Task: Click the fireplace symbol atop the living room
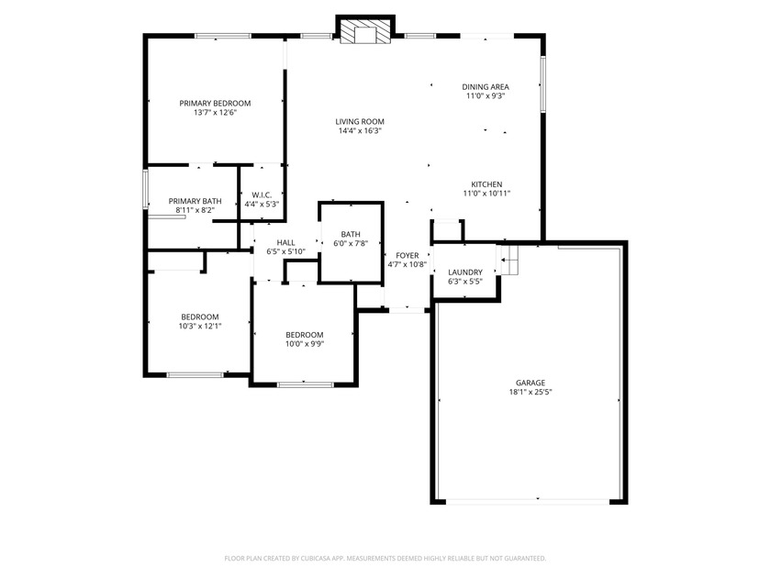click(x=365, y=32)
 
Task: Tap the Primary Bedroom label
click(x=215, y=103)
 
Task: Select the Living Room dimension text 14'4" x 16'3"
click(x=360, y=130)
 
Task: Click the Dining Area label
click(x=486, y=87)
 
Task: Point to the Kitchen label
click(x=486, y=184)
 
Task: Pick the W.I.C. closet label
click(x=262, y=195)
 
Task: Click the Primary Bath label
click(x=195, y=201)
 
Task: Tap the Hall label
click(x=285, y=242)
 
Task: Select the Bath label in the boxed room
click(x=351, y=234)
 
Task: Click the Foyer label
click(x=408, y=255)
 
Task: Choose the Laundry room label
click(x=465, y=272)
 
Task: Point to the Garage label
click(x=531, y=383)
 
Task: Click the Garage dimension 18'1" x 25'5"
click(x=531, y=393)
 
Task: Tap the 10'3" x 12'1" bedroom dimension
click(x=200, y=326)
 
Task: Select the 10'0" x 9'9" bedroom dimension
click(x=305, y=344)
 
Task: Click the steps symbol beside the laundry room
click(x=509, y=260)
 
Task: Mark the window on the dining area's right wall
click(x=543, y=84)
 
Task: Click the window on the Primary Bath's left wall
click(x=146, y=189)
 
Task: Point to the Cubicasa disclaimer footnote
click(x=385, y=559)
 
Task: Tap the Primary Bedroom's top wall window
click(x=223, y=36)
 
